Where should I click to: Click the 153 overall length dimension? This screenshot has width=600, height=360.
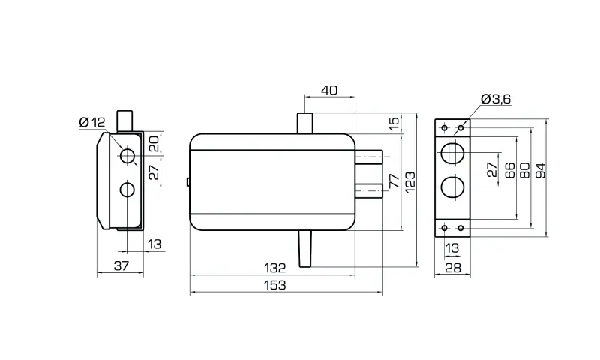coord(277,286)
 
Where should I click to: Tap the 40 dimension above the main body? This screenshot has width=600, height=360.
coord(328,91)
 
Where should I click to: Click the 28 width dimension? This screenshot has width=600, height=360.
coord(452,267)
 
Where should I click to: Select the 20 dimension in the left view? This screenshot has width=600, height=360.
coord(154,142)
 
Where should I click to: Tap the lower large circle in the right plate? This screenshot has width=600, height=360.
coord(452,188)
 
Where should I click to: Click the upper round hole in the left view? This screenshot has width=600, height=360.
coord(127,157)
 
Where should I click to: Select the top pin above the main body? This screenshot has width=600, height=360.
coord(305,123)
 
